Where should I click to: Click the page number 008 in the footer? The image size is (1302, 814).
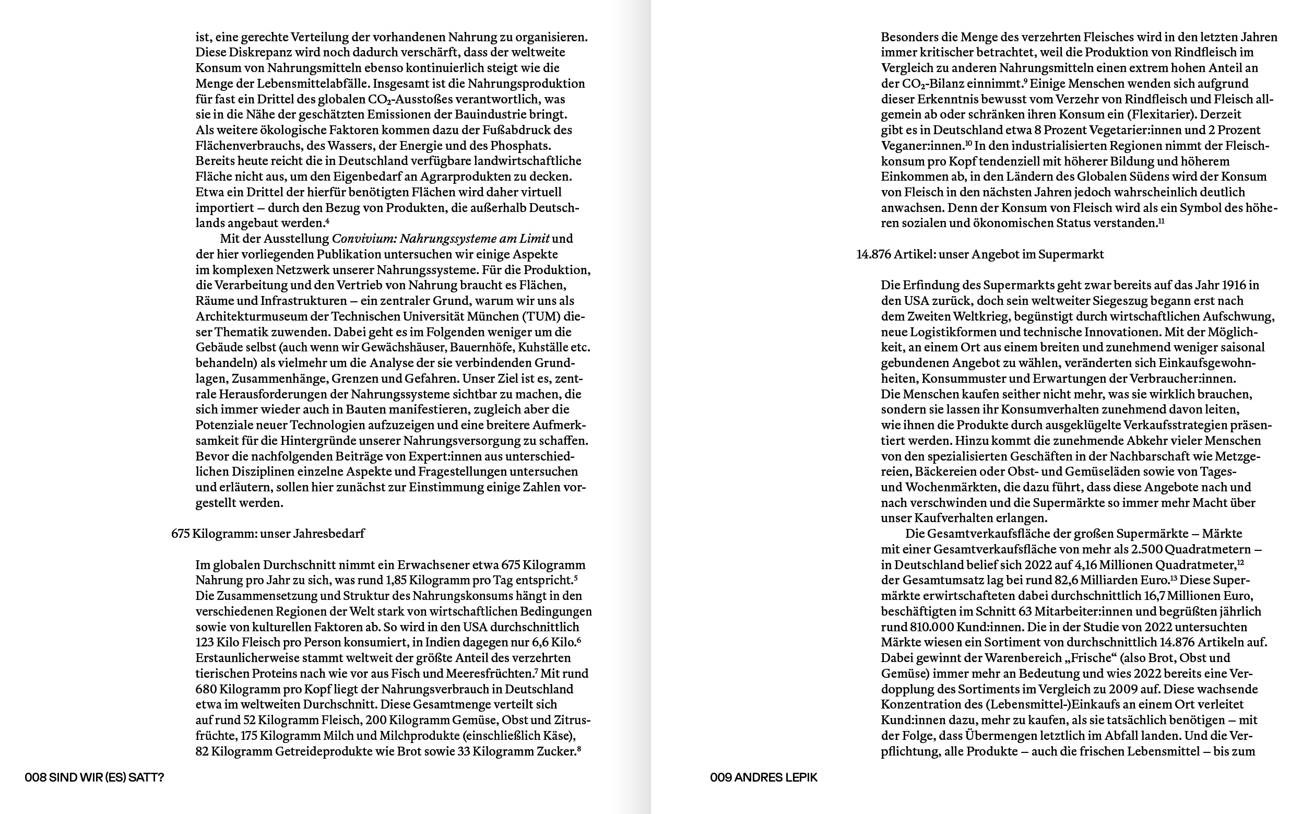click(35, 777)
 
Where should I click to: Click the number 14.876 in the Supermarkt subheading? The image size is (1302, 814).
click(873, 254)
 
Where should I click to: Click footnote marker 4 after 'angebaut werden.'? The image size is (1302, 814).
click(327, 220)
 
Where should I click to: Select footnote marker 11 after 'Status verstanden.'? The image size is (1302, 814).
click(1161, 220)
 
